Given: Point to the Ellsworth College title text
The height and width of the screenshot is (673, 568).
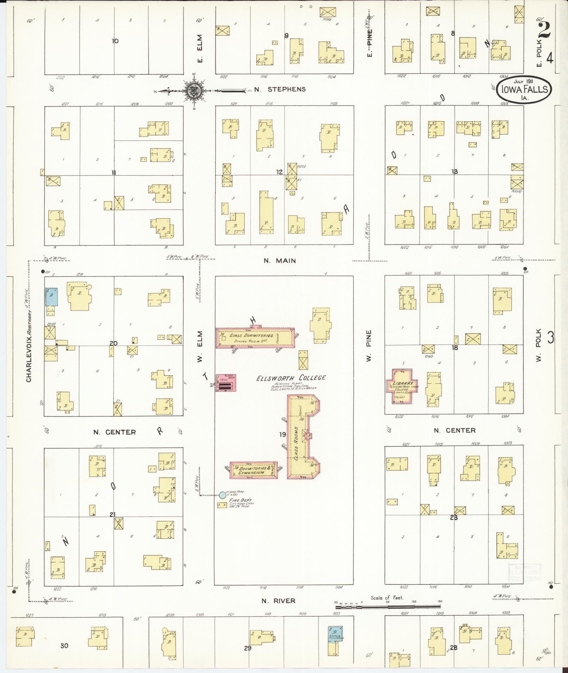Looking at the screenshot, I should pyautogui.click(x=291, y=378).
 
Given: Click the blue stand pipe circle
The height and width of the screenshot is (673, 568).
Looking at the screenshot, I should pyautogui.click(x=222, y=495).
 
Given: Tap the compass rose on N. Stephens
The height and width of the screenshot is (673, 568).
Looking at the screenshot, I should pyautogui.click(x=194, y=90).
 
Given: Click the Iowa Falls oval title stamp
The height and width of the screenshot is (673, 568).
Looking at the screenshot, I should pyautogui.click(x=525, y=90).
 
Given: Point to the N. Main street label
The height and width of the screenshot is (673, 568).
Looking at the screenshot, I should pyautogui.click(x=280, y=261).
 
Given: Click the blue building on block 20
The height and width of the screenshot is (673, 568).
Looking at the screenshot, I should pyautogui.click(x=51, y=297).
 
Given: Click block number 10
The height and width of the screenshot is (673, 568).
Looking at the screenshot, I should pyautogui.click(x=115, y=41).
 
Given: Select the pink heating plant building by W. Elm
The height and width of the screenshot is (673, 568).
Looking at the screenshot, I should pyautogui.click(x=225, y=383).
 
